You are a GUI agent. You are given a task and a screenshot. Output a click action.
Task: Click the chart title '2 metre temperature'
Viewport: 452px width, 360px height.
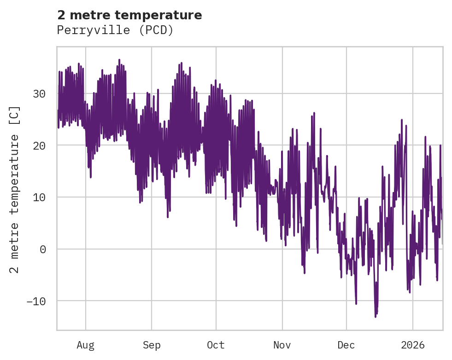(129, 15)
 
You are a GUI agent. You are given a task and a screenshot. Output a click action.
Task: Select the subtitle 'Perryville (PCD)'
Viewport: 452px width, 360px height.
(115, 30)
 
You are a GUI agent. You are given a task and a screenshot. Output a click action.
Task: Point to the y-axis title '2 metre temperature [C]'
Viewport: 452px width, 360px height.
(15, 190)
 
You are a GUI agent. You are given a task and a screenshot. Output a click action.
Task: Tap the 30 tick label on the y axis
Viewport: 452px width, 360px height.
(39, 94)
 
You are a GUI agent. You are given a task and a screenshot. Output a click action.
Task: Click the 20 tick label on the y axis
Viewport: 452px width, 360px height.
(39, 145)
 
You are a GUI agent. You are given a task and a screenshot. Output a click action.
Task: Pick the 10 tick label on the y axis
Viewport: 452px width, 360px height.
(39, 197)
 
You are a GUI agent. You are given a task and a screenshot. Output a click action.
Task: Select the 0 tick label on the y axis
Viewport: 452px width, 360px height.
(42, 249)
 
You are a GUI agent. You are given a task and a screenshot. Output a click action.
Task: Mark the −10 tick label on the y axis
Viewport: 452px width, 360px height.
(36, 301)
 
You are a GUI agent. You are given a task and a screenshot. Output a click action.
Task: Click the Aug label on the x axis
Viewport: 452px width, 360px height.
(85, 345)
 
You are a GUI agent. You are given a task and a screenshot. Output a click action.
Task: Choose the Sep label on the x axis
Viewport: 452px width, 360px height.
(151, 345)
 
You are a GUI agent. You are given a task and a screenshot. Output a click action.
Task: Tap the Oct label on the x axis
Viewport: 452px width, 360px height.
(216, 345)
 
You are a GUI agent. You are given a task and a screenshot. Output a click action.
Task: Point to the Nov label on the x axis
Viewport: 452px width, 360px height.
(282, 345)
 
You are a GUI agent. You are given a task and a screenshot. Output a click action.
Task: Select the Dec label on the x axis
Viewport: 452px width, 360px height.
(346, 345)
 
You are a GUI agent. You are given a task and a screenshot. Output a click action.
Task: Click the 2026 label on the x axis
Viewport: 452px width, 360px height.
(412, 345)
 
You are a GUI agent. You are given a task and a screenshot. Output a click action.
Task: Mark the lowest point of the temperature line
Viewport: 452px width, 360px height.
(376, 317)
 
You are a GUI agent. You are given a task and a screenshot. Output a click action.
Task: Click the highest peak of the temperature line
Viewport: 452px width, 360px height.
(119, 59)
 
